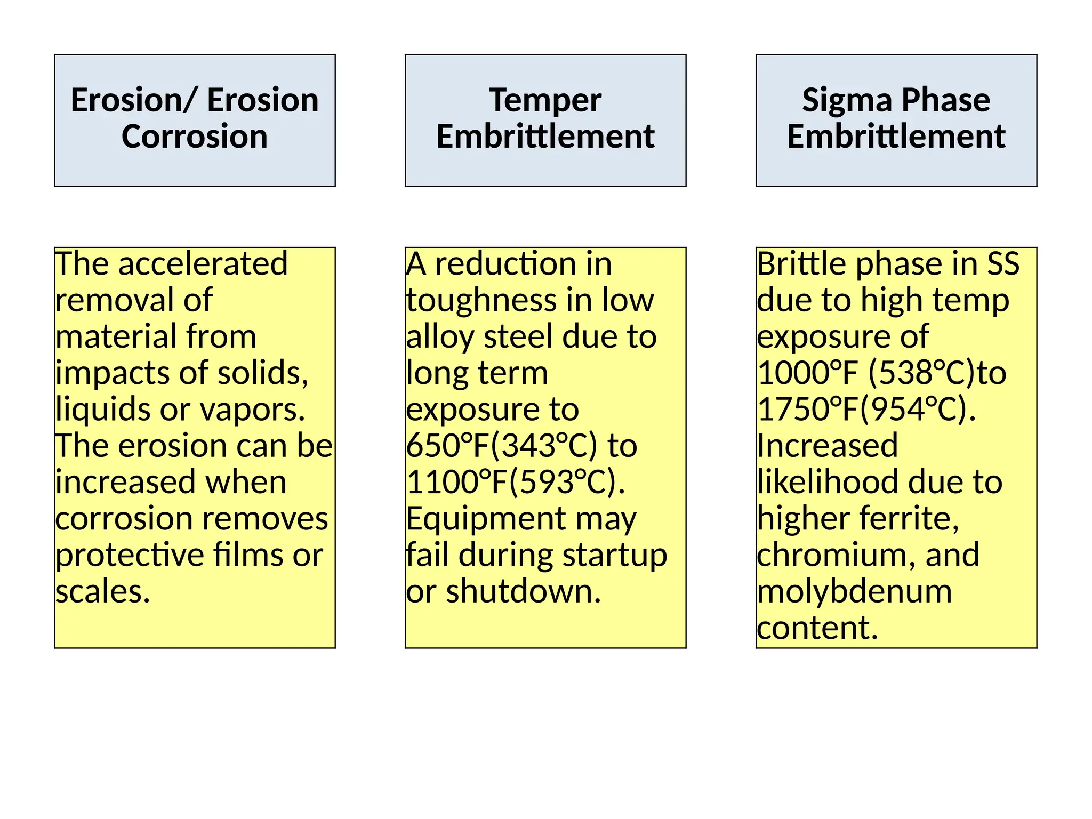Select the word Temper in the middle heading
click(545, 101)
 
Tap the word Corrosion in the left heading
click(195, 136)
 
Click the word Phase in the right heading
click(946, 100)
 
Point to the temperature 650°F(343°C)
click(501, 446)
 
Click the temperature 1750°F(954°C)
click(866, 409)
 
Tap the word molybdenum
click(854, 591)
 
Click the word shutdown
click(524, 591)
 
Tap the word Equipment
click(486, 519)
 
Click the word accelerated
click(203, 264)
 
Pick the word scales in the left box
click(102, 591)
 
